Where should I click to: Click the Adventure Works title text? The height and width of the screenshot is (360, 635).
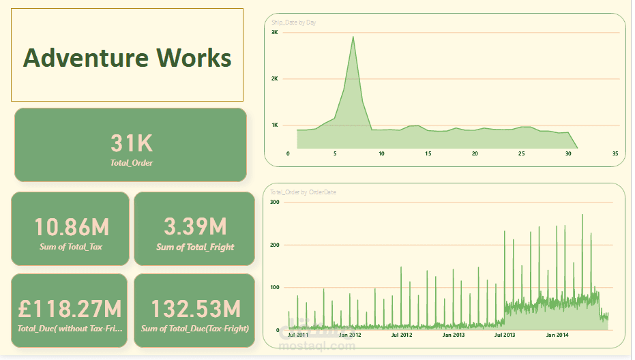pyautogui.click(x=128, y=57)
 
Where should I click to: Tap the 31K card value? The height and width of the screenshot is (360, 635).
pyautogui.click(x=132, y=143)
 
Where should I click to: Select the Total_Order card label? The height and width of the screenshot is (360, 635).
pyautogui.click(x=132, y=163)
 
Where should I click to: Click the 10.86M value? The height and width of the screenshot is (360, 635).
pyautogui.click(x=71, y=227)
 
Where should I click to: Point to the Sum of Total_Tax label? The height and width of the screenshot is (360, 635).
pyautogui.click(x=71, y=247)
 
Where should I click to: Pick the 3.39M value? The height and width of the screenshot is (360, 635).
pyautogui.click(x=195, y=227)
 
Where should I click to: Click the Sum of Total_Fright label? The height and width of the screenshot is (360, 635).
pyautogui.click(x=195, y=247)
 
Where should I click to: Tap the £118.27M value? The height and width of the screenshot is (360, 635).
pyautogui.click(x=70, y=309)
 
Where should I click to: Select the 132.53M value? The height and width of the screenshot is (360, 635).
pyautogui.click(x=195, y=309)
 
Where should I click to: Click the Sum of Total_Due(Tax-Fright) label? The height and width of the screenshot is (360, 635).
pyautogui.click(x=195, y=329)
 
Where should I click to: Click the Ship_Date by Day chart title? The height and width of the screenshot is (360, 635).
pyautogui.click(x=293, y=22)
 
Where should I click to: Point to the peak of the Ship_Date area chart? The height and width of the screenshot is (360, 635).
pyautogui.click(x=353, y=37)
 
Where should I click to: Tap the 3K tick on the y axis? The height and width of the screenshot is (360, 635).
pyautogui.click(x=275, y=33)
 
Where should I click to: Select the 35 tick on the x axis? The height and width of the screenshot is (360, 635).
pyautogui.click(x=615, y=154)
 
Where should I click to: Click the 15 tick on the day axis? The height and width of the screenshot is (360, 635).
pyautogui.click(x=428, y=154)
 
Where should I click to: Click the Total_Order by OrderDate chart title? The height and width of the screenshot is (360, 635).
pyautogui.click(x=303, y=192)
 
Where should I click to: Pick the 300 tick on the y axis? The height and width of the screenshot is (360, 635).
pyautogui.click(x=275, y=202)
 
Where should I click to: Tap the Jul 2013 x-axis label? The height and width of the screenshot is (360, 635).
pyautogui.click(x=505, y=335)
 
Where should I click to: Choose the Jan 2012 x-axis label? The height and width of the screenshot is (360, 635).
pyautogui.click(x=349, y=335)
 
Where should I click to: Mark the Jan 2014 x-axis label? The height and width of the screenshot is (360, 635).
pyautogui.click(x=557, y=335)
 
